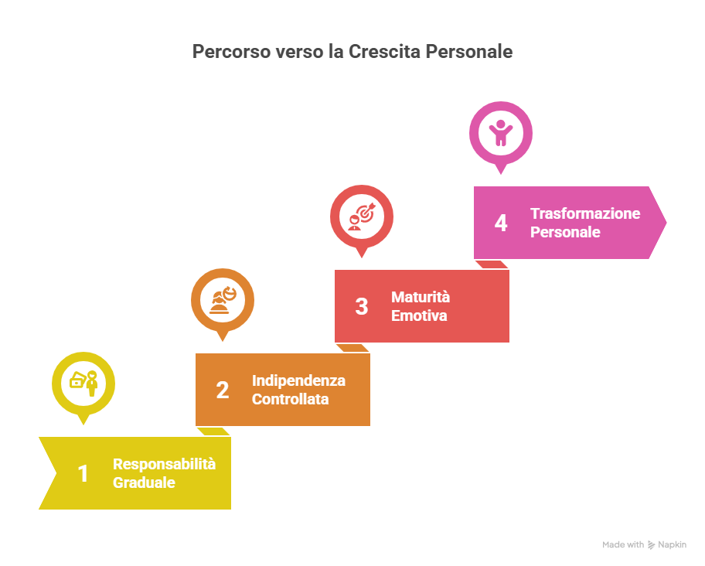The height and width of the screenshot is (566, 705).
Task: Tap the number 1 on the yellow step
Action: point(83,473)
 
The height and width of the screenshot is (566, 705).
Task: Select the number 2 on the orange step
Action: point(223,390)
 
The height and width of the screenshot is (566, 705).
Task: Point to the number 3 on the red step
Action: point(362,307)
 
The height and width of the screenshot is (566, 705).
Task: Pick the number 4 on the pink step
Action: point(501,223)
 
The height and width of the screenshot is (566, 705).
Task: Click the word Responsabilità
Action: point(164,464)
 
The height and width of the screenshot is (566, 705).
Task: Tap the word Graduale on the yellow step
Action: point(144,482)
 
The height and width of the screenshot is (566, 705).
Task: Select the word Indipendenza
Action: point(298,380)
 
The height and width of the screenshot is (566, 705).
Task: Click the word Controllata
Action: point(290,399)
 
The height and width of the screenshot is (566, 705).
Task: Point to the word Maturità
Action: point(421,297)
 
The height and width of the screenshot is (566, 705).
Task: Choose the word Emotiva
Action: point(419,315)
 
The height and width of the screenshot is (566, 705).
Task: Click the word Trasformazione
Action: point(585,213)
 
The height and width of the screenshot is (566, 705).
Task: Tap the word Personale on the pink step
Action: point(565,232)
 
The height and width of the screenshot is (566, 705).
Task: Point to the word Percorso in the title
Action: point(232,52)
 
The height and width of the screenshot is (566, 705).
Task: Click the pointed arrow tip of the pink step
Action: point(666,223)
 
